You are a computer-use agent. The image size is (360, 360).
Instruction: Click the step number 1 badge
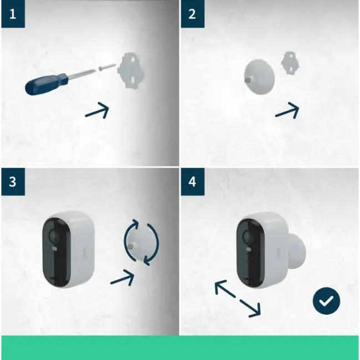pos(13,14)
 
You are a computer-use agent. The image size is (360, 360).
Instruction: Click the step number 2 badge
pos(192,14)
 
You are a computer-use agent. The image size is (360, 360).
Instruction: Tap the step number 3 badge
pos(13,182)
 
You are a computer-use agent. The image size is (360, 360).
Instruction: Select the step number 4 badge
pos(192,182)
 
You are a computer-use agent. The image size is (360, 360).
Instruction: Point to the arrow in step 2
pos(287,110)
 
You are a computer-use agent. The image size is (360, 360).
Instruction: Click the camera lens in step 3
pos(54,238)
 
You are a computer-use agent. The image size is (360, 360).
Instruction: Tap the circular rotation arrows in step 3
pos(141,241)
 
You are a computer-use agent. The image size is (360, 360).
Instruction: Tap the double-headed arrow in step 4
pos(237,299)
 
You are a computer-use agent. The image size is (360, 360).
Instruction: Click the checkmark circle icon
pos(326,301)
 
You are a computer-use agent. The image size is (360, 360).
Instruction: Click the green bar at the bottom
pos(180,347)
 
